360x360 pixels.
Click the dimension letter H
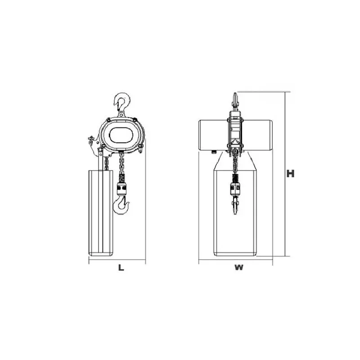(x=290, y=174)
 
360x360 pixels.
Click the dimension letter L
(x=121, y=267)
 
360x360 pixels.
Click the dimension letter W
(x=239, y=267)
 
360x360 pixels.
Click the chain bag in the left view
(x=101, y=213)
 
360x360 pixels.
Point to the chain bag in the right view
(x=235, y=213)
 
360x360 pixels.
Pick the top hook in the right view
(x=235, y=101)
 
